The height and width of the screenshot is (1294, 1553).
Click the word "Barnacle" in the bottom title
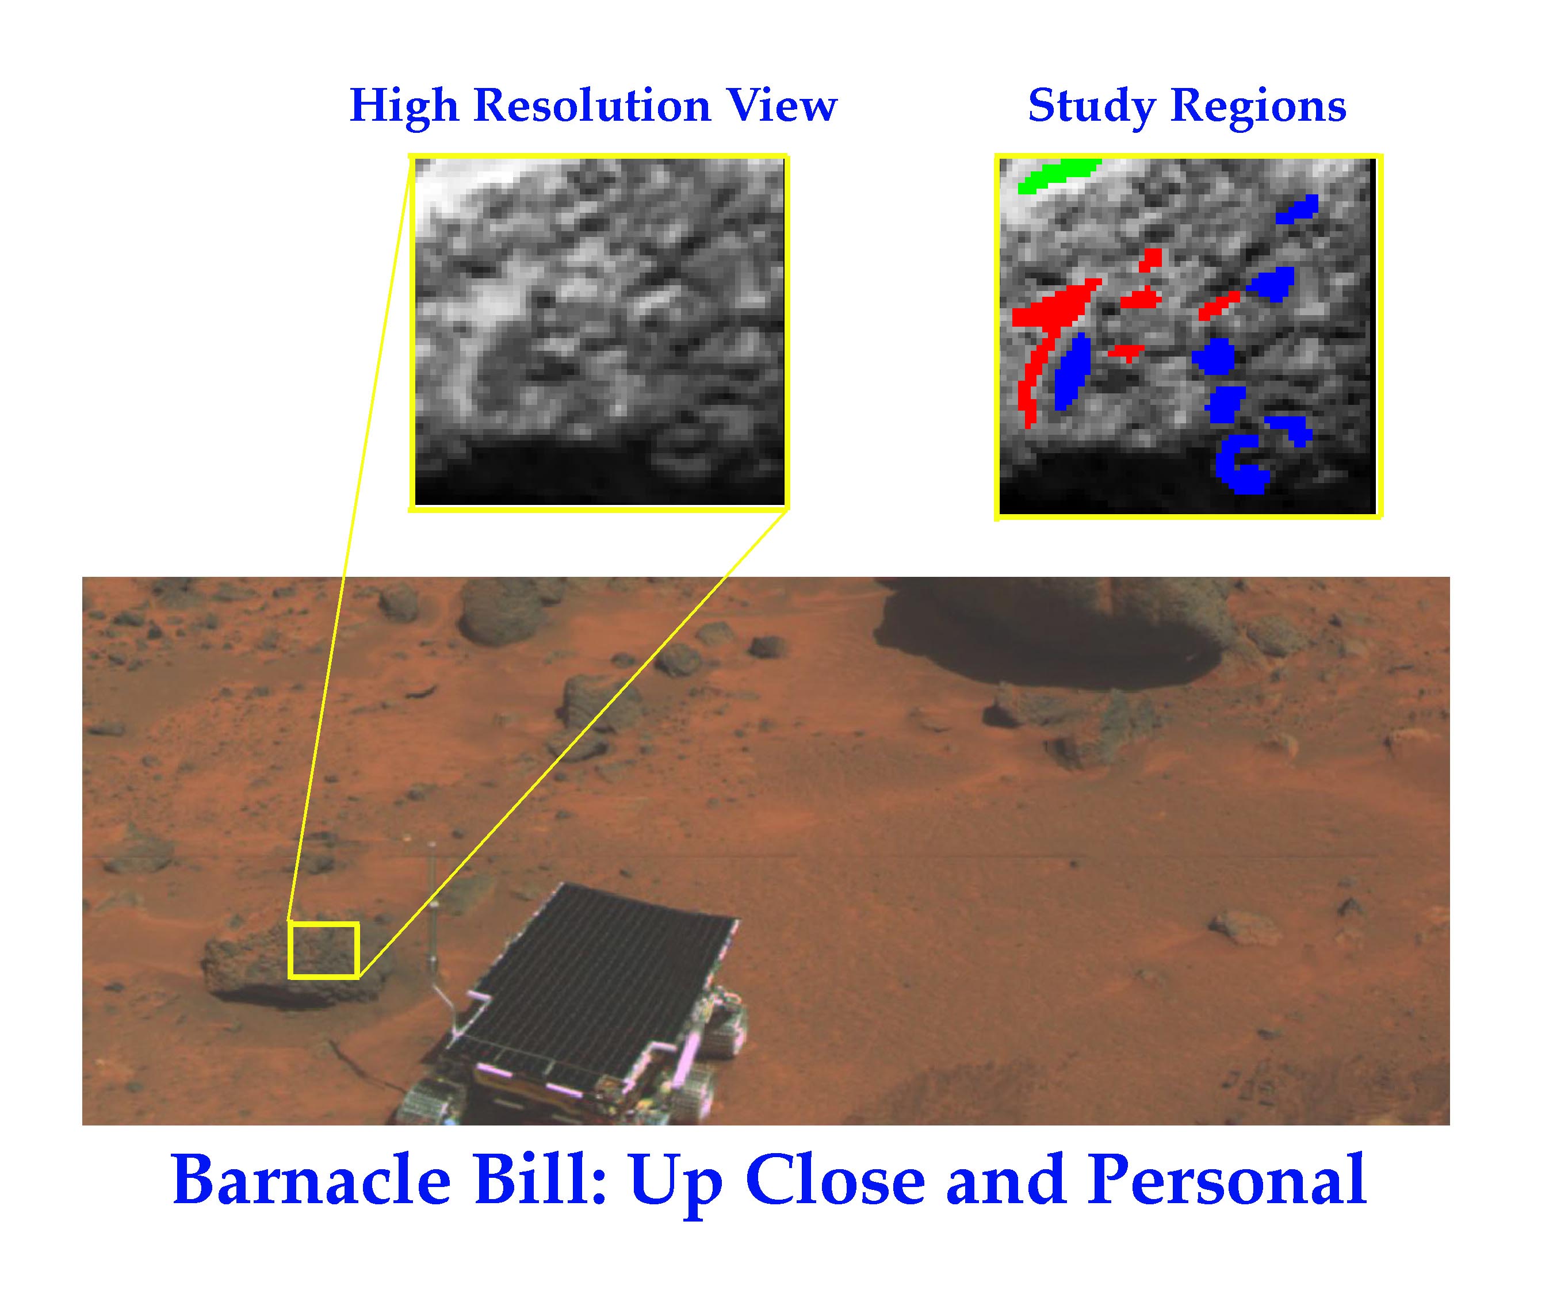311,1181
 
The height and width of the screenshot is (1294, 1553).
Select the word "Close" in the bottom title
836,1181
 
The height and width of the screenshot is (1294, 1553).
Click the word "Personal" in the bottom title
1226,1181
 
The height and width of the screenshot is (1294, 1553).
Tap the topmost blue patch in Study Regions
1298,209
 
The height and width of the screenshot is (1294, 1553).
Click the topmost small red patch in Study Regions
1151,259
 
